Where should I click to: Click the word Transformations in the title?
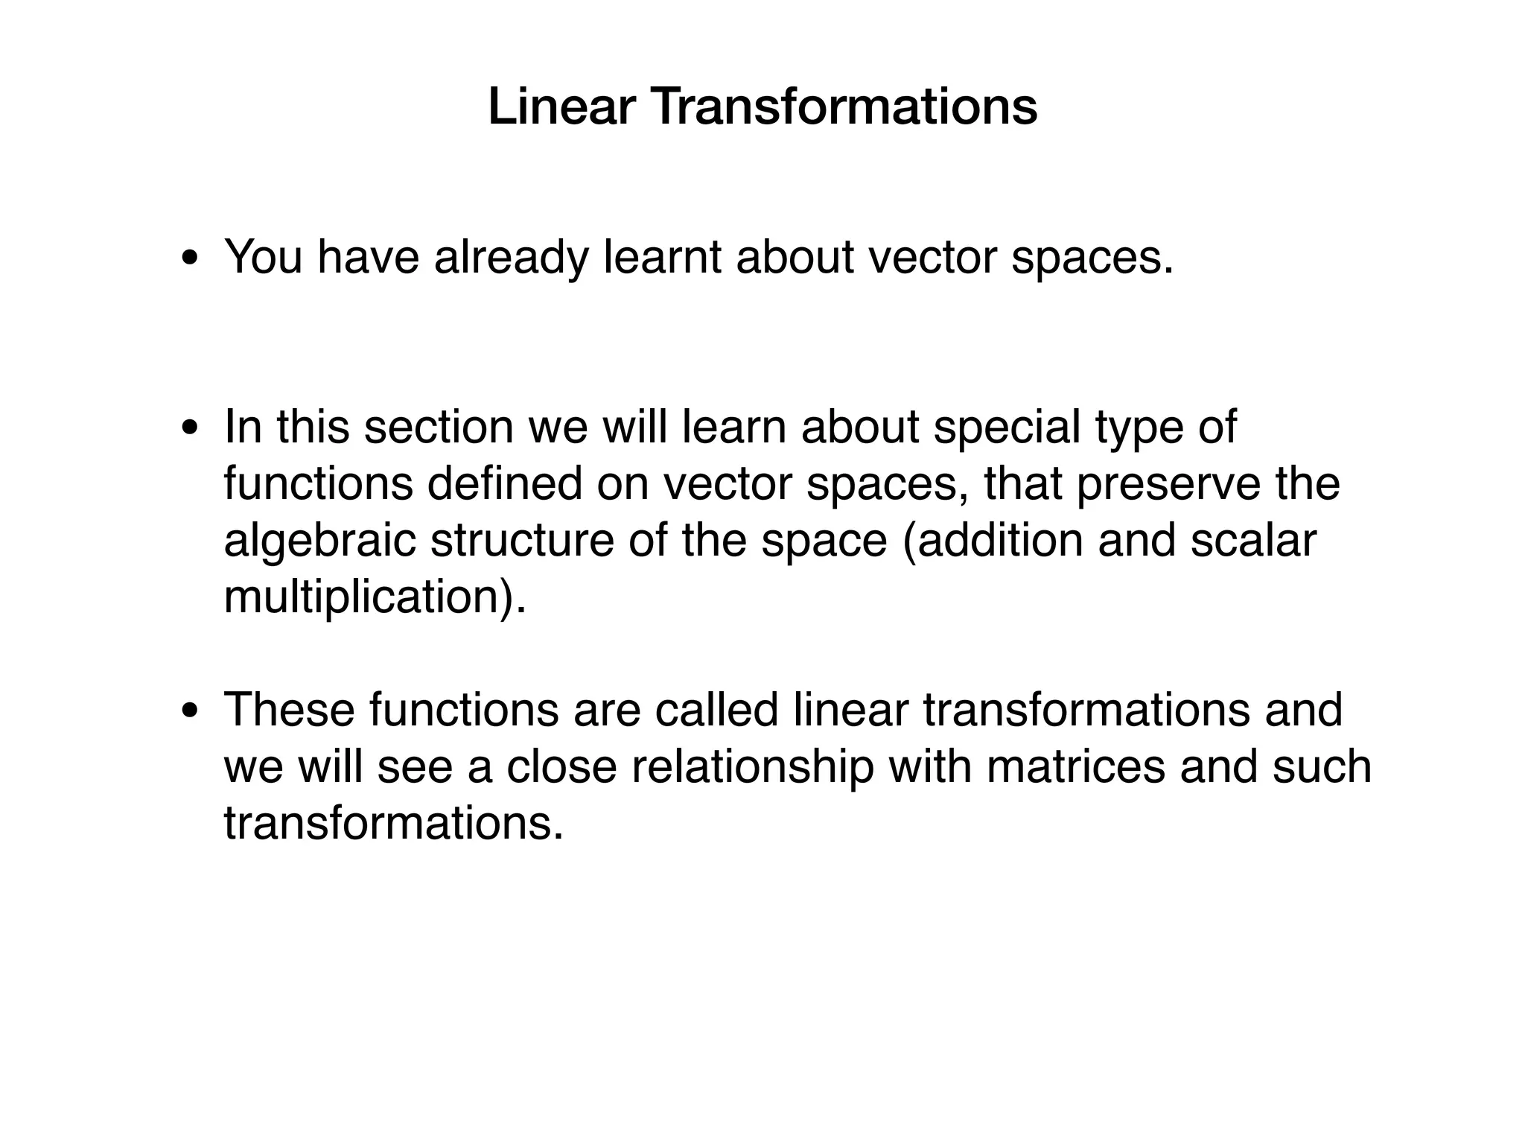coord(844,107)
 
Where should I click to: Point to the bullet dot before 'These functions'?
coord(190,711)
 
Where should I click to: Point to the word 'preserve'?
coord(1159,485)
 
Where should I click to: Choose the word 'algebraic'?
coord(319,541)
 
